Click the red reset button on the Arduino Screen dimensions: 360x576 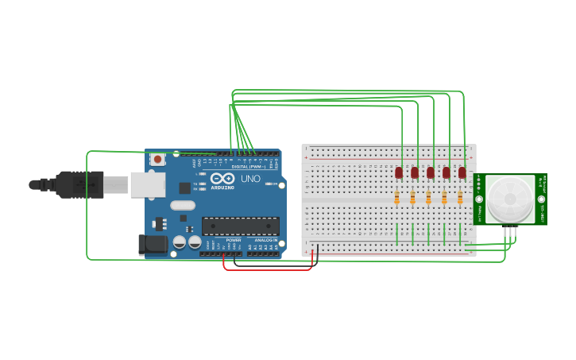(x=157, y=159)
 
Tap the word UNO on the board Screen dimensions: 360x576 (x=250, y=180)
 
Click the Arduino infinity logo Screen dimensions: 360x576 (x=222, y=180)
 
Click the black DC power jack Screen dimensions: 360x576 (x=153, y=245)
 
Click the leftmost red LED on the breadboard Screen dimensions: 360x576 (x=399, y=172)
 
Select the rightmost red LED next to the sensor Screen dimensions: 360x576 (x=462, y=172)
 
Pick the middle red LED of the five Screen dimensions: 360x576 (x=431, y=172)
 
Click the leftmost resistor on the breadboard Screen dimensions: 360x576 (x=397, y=198)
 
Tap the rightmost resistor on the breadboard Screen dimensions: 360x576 (x=460, y=198)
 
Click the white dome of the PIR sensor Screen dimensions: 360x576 (x=509, y=199)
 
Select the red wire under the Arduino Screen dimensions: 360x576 (x=267, y=269)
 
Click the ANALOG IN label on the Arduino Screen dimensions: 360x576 (x=265, y=239)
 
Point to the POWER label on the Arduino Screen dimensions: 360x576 (x=234, y=239)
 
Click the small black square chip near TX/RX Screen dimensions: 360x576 (x=185, y=188)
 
